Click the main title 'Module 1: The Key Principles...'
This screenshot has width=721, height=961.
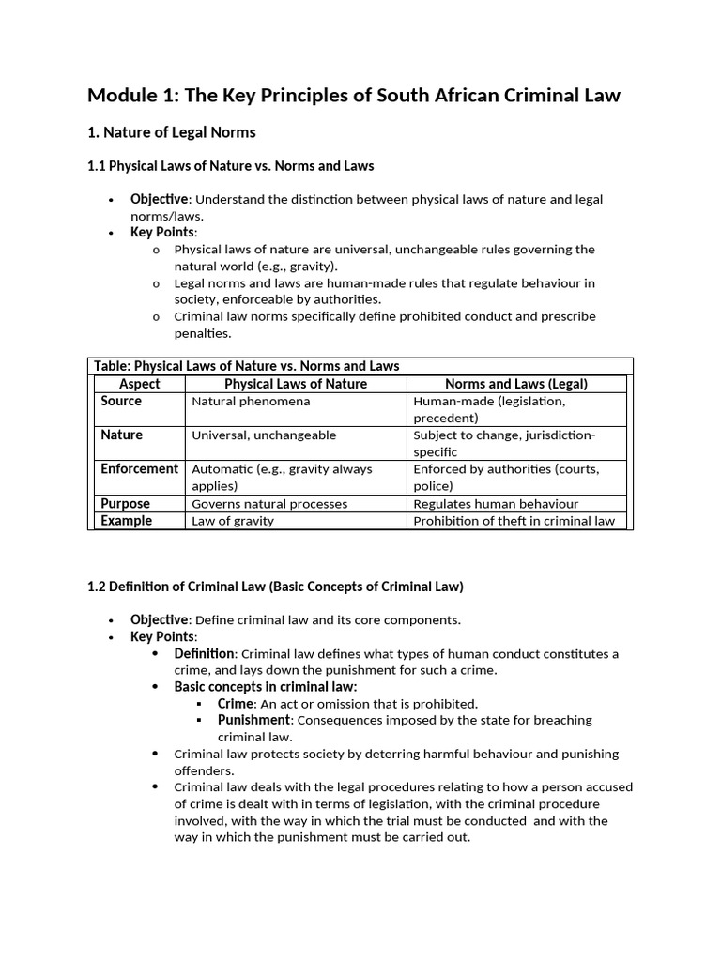click(354, 95)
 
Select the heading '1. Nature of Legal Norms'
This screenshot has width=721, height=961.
click(171, 132)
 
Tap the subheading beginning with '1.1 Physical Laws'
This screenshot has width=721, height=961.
click(230, 166)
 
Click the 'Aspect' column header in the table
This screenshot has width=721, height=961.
click(140, 384)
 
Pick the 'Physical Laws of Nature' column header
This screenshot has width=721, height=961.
click(296, 384)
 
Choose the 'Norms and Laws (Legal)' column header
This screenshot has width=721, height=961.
click(515, 384)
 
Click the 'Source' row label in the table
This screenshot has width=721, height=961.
click(121, 401)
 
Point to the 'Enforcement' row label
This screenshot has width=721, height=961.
click(139, 468)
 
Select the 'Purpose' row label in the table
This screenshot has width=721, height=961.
click(125, 503)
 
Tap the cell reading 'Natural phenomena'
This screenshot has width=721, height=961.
click(251, 402)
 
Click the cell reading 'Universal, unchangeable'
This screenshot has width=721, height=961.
click(264, 435)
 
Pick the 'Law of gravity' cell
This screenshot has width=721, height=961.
click(233, 521)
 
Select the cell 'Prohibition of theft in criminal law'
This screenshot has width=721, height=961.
click(514, 521)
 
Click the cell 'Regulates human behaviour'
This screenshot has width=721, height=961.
click(496, 504)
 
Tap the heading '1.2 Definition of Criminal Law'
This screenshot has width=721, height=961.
click(275, 587)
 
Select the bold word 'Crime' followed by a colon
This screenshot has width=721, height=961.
click(236, 703)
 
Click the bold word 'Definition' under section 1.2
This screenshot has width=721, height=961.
click(205, 653)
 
